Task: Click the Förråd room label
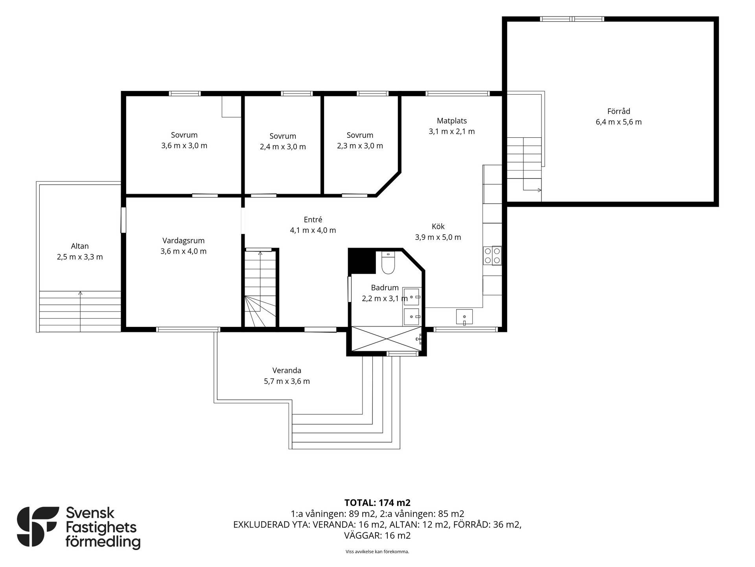click(619, 111)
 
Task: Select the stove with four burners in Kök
click(492, 256)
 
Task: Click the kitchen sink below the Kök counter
click(464, 317)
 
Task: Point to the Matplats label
click(452, 121)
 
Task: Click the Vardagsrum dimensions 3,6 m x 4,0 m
click(184, 251)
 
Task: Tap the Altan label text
click(80, 246)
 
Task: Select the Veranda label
click(287, 371)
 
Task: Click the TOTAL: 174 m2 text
click(377, 503)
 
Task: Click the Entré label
click(313, 220)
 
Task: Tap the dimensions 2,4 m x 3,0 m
click(283, 147)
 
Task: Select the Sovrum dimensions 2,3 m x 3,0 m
click(360, 146)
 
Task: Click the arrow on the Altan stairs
click(80, 311)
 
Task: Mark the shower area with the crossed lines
click(387, 338)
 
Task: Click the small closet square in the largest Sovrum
click(231, 106)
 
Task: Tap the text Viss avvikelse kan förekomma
click(377, 552)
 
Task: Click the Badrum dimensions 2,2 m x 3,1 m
click(385, 298)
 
